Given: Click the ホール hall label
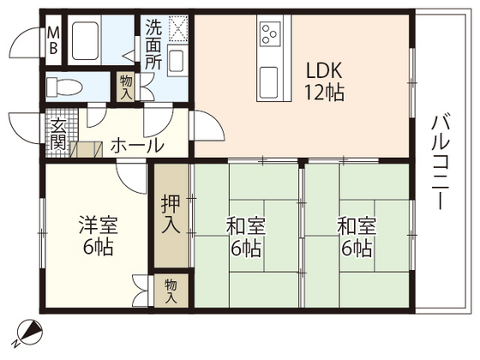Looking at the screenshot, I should [x=137, y=146].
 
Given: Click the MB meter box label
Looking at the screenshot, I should [x=52, y=41].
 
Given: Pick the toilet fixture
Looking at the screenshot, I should [x=64, y=86].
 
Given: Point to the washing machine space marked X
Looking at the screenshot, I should [x=179, y=29].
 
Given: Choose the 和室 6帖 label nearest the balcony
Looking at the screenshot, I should [x=355, y=237].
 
